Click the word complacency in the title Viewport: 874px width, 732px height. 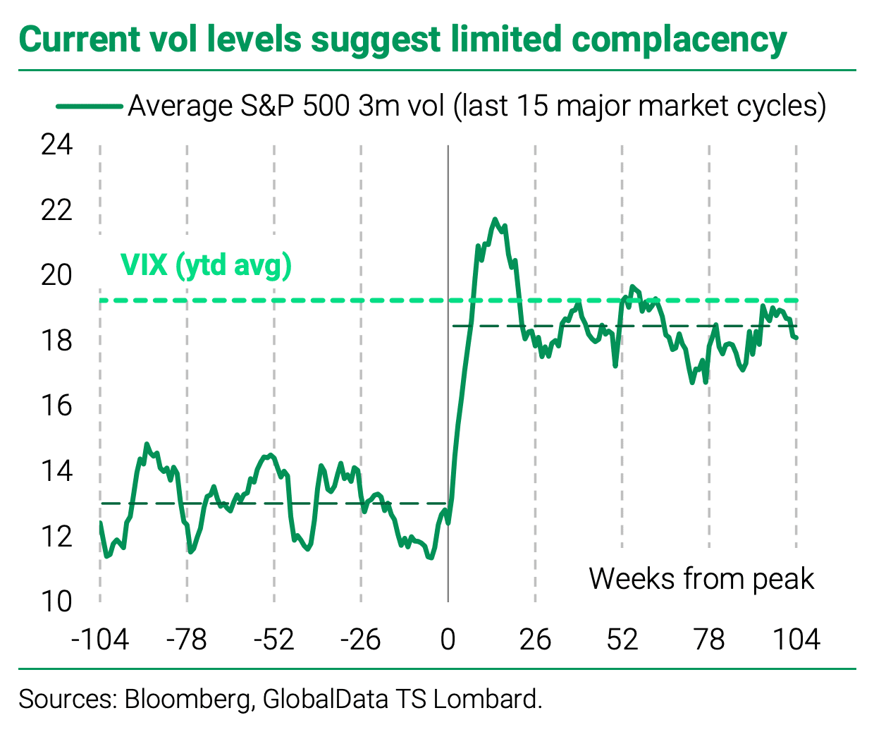point(679,40)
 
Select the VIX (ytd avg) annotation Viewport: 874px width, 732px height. point(206,266)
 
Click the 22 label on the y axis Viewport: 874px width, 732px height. point(56,210)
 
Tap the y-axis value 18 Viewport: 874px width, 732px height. point(56,341)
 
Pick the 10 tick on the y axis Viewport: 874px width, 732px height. point(56,602)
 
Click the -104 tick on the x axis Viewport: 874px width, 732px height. point(100,640)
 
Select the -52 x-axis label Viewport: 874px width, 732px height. point(273,640)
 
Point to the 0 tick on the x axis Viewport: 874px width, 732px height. point(448,640)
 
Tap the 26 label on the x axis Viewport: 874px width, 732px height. point(535,640)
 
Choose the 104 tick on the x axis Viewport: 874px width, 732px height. point(796,640)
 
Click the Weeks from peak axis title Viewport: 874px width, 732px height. point(701,579)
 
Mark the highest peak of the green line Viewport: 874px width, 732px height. point(495,219)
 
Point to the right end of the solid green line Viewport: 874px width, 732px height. point(796,338)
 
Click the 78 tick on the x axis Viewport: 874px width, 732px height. point(709,640)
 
